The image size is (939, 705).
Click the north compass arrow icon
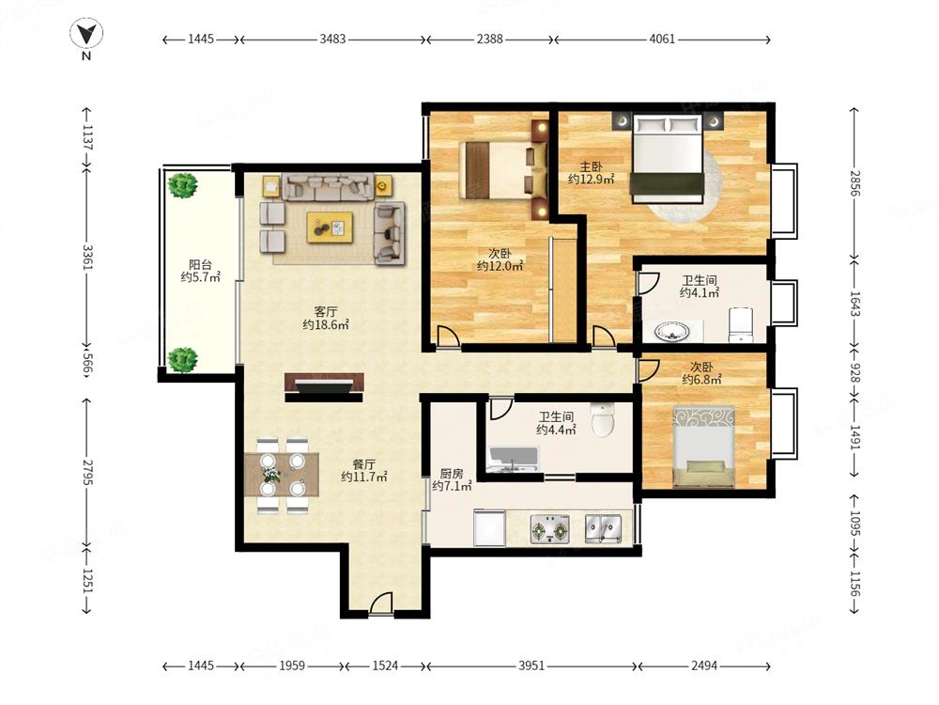click(86, 34)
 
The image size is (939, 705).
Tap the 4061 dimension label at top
click(662, 39)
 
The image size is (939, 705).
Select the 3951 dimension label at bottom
click(531, 666)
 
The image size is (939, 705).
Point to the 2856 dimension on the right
click(854, 183)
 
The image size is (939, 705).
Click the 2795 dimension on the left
click(87, 473)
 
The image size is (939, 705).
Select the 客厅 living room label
click(326, 312)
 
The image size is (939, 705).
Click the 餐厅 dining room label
click(364, 464)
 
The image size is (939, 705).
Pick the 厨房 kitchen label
click(452, 473)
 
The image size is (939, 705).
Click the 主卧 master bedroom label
click(591, 166)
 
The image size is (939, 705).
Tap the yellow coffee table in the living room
click(330, 227)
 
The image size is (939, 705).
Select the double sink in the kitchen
click(604, 529)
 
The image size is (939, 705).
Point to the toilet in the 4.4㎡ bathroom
click(603, 418)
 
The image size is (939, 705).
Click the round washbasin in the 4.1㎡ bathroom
click(671, 331)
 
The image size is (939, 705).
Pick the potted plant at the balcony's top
click(183, 185)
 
